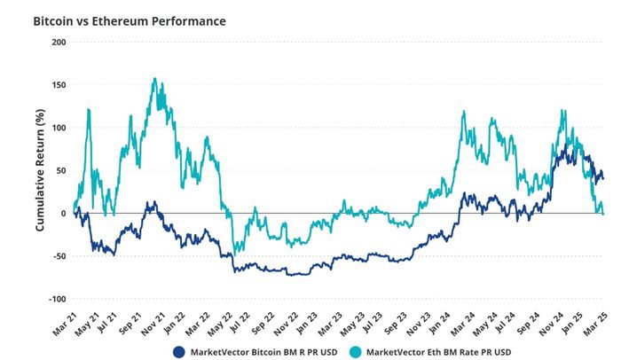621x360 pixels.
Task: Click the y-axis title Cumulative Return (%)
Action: tap(40, 170)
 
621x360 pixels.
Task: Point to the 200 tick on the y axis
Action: tap(59, 43)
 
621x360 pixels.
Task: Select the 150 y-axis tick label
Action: tap(59, 85)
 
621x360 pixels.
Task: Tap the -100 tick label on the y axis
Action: tap(58, 300)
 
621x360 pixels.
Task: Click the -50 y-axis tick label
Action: tap(59, 256)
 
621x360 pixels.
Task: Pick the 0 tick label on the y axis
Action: tap(64, 214)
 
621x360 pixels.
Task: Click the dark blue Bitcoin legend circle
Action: tap(180, 348)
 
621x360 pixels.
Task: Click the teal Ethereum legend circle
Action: tap(353, 348)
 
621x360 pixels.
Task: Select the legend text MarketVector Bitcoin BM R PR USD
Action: tap(263, 348)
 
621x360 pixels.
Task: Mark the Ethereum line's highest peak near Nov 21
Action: tap(155, 79)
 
